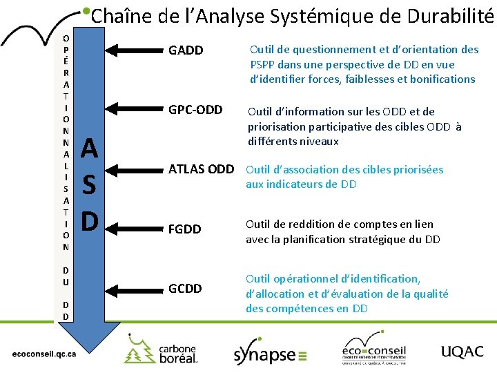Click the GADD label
[x=186, y=50]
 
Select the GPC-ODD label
[x=195, y=110]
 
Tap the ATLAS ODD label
[x=202, y=169]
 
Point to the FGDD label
[x=185, y=229]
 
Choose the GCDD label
[x=185, y=289]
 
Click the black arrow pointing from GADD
[x=135, y=50]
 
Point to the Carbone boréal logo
[x=161, y=349]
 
